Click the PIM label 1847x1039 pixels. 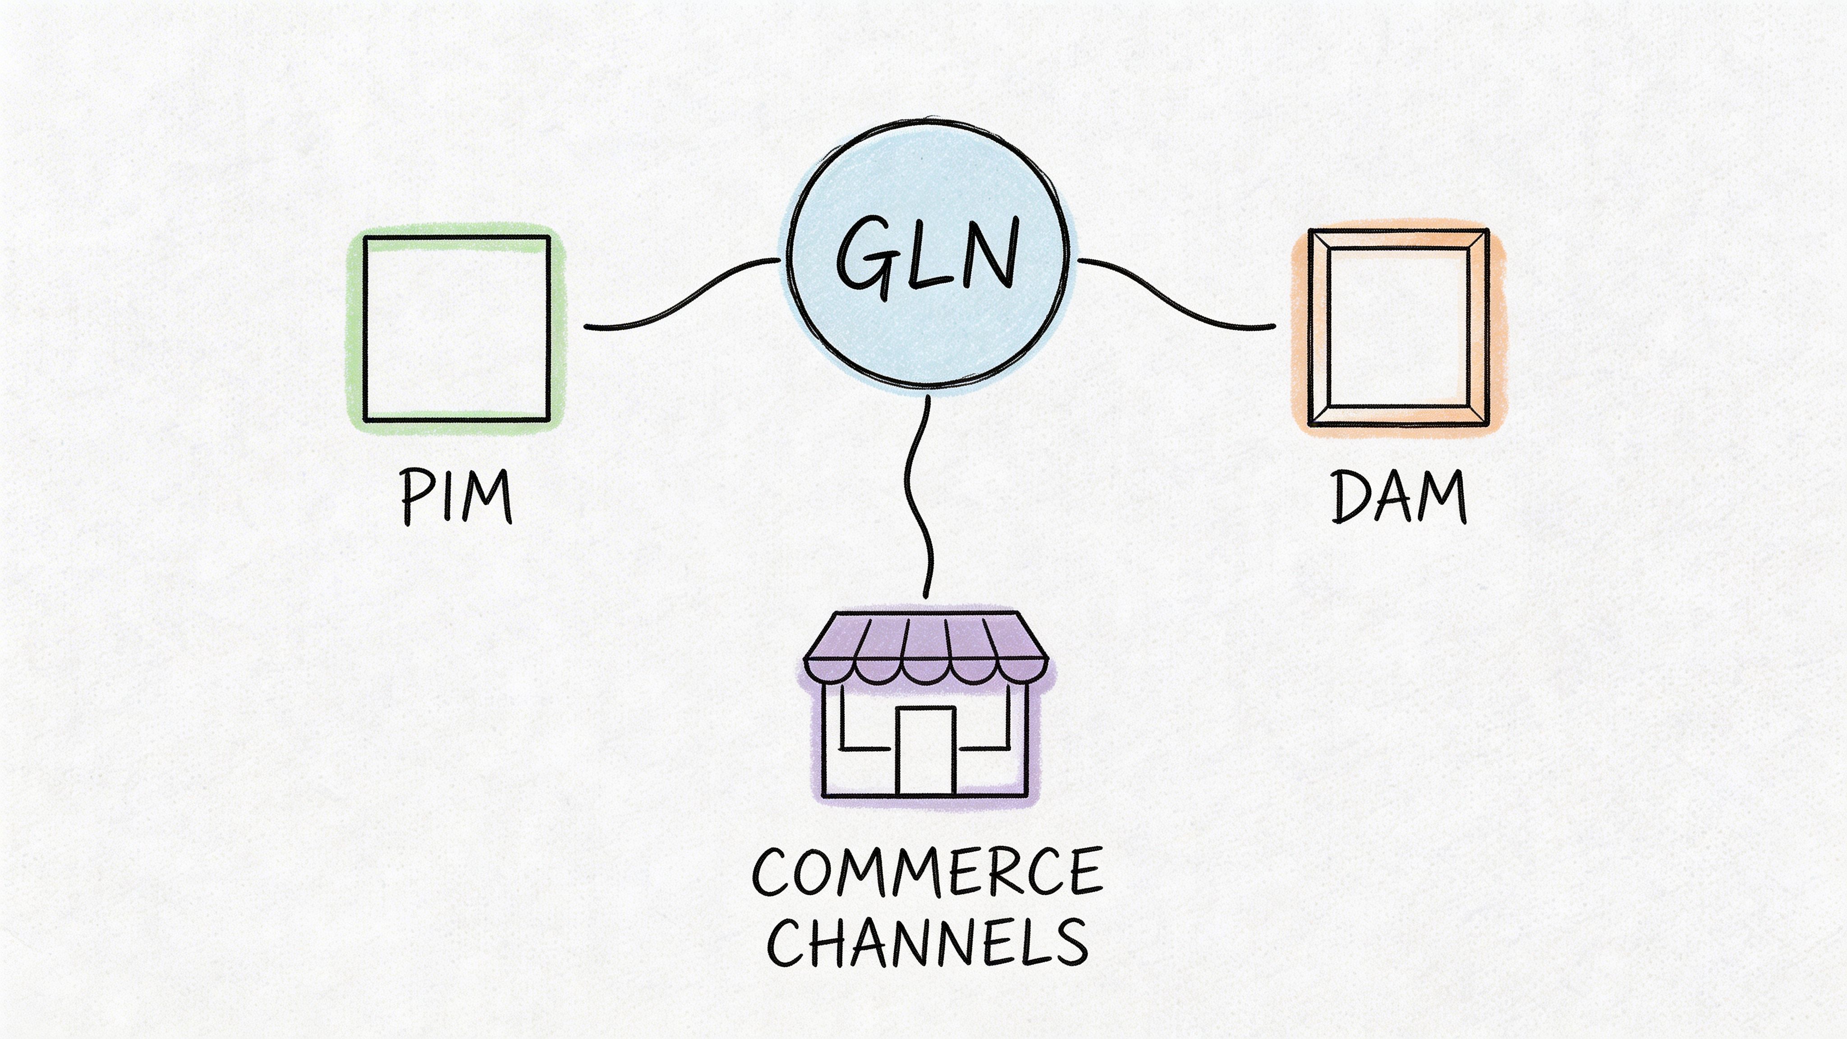coord(456,496)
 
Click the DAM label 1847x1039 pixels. coord(1398,496)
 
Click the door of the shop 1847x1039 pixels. coord(925,751)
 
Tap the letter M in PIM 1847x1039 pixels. coord(487,496)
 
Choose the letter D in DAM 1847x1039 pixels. coord(1351,496)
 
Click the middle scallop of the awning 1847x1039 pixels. coord(925,671)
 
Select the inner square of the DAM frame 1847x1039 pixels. coord(1398,328)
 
